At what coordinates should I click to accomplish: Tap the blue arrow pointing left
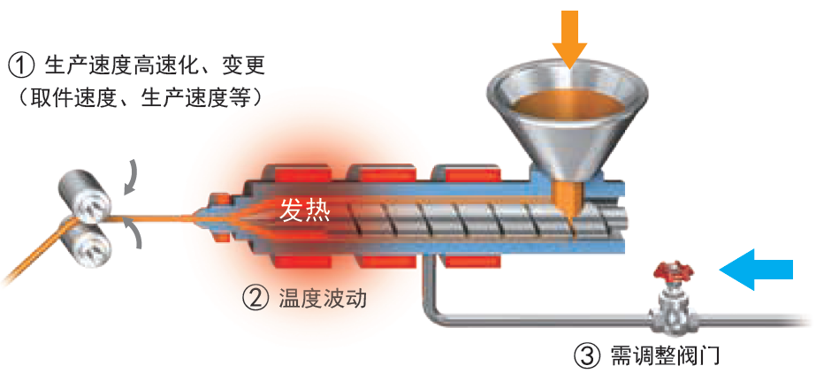pos(758,268)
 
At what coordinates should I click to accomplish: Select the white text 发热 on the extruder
pos(305,210)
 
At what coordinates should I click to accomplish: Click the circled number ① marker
pos(21,65)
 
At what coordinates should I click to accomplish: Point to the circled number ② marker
pos(255,299)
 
